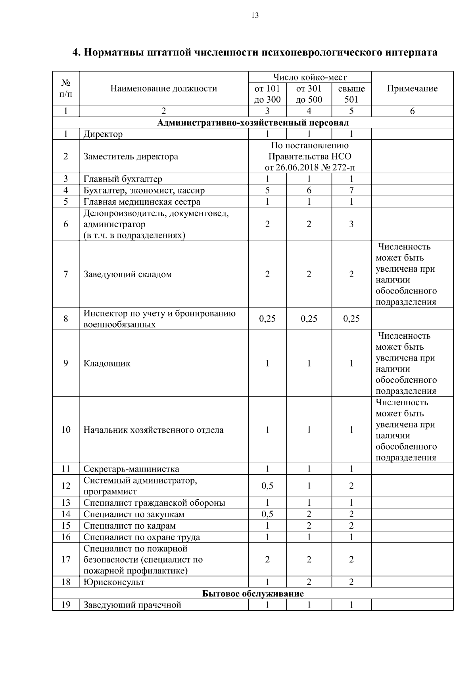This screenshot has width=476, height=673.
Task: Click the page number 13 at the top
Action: click(255, 15)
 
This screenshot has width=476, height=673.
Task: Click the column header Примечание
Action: click(412, 88)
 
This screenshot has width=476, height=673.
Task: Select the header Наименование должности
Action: click(164, 88)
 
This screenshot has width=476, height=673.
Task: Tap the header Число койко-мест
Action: click(309, 77)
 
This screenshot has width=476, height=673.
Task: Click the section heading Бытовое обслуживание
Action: click(253, 594)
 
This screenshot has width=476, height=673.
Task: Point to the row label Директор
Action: click(103, 134)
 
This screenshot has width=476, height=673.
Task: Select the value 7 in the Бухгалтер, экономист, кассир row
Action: click(351, 190)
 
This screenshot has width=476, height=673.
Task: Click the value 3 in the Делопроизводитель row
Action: click(351, 224)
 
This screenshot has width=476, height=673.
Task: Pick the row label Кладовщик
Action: click(107, 363)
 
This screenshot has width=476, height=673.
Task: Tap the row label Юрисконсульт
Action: click(114, 582)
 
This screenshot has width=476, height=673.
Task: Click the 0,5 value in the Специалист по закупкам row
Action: click(267, 514)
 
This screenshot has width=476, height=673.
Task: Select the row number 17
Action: click(66, 560)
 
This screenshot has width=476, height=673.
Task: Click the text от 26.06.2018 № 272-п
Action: click(310, 167)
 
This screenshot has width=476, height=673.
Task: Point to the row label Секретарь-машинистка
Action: click(131, 469)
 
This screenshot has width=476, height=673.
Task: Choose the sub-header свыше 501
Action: click(351, 94)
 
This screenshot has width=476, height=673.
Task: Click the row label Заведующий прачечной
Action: click(132, 605)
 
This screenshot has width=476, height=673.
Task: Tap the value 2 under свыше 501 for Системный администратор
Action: click(351, 486)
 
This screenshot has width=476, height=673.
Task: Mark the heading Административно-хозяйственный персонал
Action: click(253, 123)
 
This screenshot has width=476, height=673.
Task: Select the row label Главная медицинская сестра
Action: click(142, 202)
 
